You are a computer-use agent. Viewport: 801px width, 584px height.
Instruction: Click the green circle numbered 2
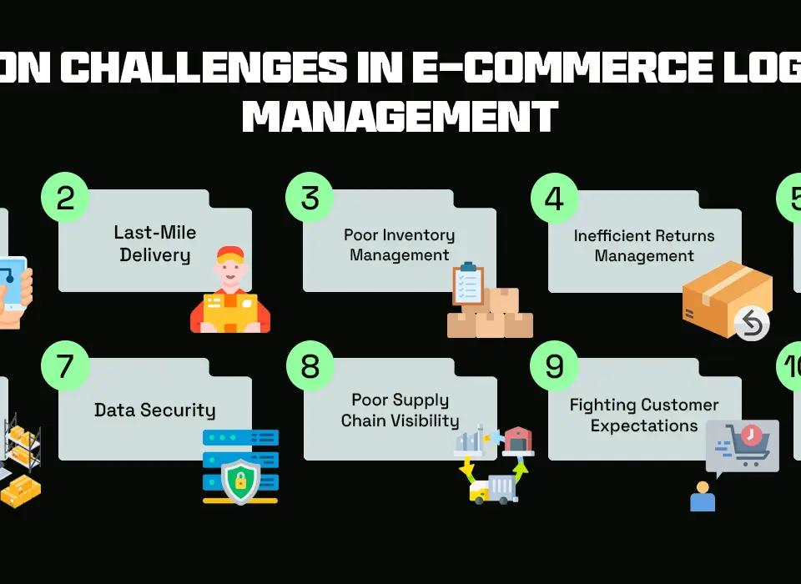66,198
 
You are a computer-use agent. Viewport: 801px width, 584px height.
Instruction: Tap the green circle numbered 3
310,198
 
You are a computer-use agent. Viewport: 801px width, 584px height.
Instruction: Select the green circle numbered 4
555,198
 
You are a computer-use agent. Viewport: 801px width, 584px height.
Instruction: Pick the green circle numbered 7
66,365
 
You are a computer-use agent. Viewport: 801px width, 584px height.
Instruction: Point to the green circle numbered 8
310,365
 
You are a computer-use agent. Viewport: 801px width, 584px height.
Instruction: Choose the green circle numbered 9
555,365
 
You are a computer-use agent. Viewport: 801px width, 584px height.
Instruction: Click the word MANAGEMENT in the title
400,116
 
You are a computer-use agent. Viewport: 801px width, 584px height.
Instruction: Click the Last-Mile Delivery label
155,244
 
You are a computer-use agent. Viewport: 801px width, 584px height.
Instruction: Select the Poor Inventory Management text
400,244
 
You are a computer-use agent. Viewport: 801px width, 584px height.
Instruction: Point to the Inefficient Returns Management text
644,245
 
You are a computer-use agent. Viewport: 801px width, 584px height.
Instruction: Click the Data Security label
155,410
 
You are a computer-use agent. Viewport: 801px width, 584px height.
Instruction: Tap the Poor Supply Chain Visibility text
400,410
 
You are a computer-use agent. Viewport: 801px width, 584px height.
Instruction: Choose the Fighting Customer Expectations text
644,415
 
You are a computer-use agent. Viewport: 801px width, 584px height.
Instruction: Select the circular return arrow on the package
753,323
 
